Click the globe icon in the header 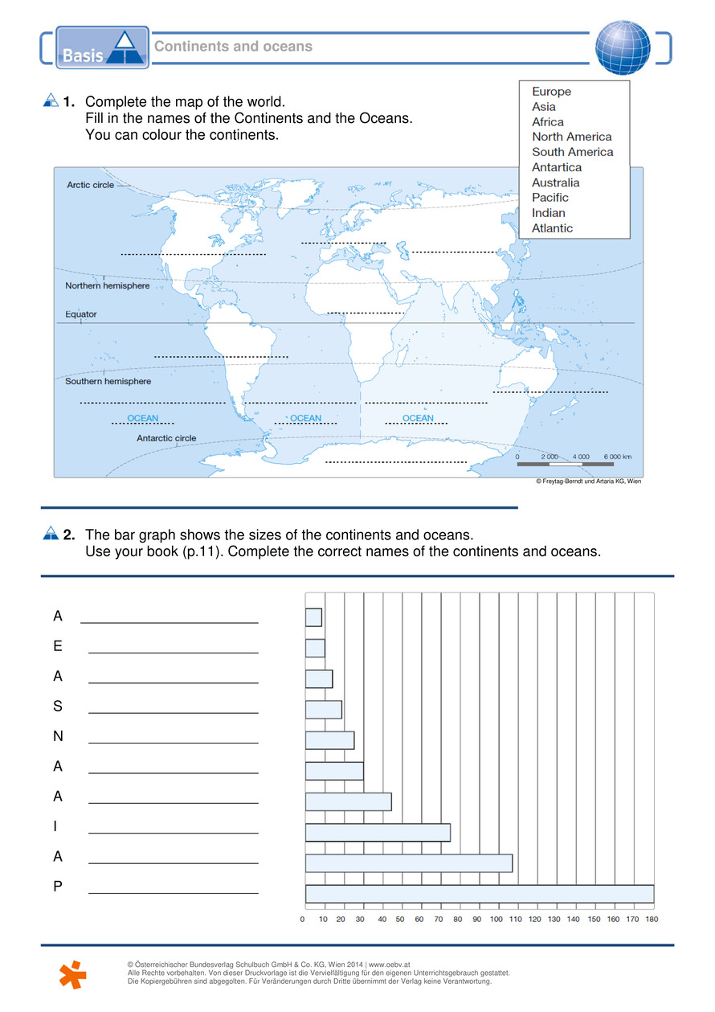pyautogui.click(x=623, y=47)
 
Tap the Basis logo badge pyautogui.click(x=103, y=48)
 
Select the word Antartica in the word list pyautogui.click(x=557, y=167)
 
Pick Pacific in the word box pyautogui.click(x=550, y=198)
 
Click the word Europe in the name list pyautogui.click(x=552, y=92)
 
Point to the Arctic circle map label pyautogui.click(x=90, y=185)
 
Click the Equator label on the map pyautogui.click(x=81, y=314)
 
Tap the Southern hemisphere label pyautogui.click(x=108, y=381)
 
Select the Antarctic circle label pyautogui.click(x=166, y=438)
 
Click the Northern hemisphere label pyautogui.click(x=107, y=285)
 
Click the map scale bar pyautogui.click(x=566, y=465)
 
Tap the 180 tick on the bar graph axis pyautogui.click(x=652, y=919)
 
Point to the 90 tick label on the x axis pyautogui.click(x=477, y=919)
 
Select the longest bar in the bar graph pyautogui.click(x=480, y=893)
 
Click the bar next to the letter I pyautogui.click(x=378, y=832)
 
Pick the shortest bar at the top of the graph pyautogui.click(x=313, y=617)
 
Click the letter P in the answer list pyautogui.click(x=58, y=887)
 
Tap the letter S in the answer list pyautogui.click(x=58, y=707)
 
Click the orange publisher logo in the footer pyautogui.click(x=73, y=973)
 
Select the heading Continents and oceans pyautogui.click(x=233, y=47)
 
